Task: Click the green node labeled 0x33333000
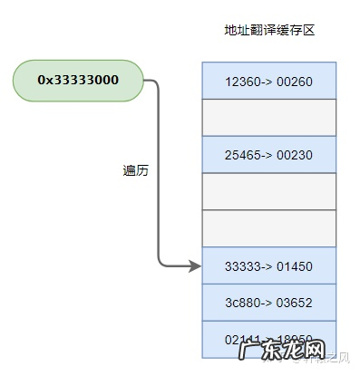point(78,80)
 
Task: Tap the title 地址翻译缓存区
point(268,31)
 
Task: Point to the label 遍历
point(135,169)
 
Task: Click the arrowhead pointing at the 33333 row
point(194,265)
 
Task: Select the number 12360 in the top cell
point(242,82)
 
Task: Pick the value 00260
point(294,82)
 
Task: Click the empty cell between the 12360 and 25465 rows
point(268,118)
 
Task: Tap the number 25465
point(242,155)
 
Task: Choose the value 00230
point(294,155)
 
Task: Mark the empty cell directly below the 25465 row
point(268,191)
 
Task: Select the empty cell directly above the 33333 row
point(268,228)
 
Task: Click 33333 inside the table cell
point(242,265)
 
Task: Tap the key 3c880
point(242,302)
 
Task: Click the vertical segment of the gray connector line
point(159,172)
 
